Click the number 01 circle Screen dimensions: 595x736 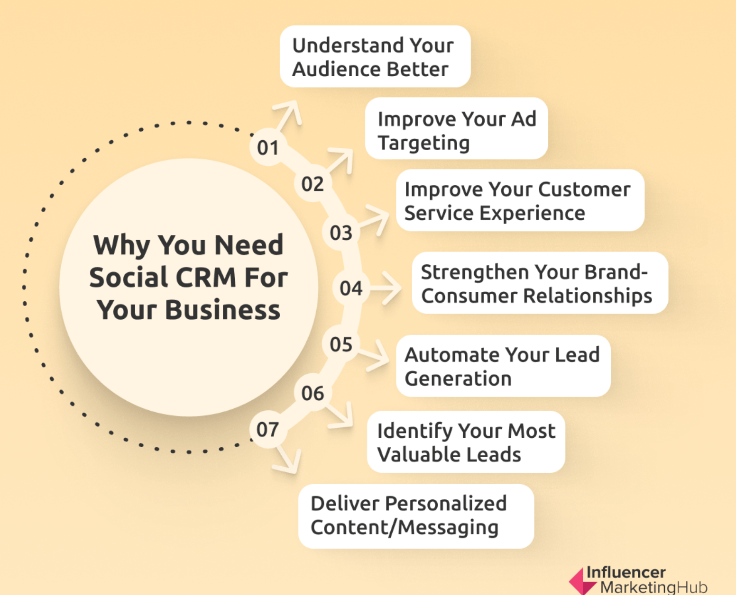tap(268, 147)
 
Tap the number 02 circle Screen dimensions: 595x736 tap(313, 184)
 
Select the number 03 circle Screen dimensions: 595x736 tap(341, 233)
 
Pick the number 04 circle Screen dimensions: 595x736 tap(351, 288)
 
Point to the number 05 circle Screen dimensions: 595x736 tap(341, 344)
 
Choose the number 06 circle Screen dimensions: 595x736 tap(313, 393)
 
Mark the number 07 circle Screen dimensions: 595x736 tap(268, 430)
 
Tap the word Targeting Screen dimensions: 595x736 tap(423, 143)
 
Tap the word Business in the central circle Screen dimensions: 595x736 tap(222, 310)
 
